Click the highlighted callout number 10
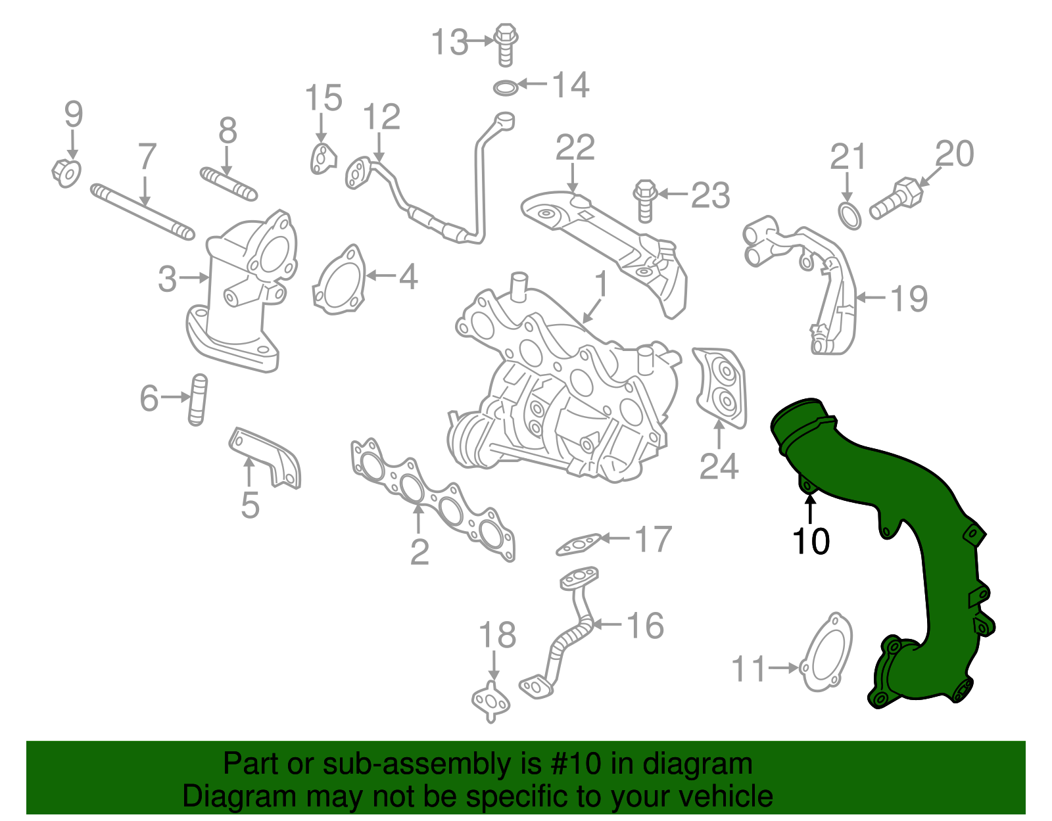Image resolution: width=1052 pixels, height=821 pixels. pos(811,541)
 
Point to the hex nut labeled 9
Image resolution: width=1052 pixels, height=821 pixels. pos(66,172)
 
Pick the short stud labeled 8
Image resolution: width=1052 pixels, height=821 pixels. pos(228,183)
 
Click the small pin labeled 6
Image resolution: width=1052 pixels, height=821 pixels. pos(197,400)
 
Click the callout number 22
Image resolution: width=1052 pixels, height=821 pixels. pos(575,148)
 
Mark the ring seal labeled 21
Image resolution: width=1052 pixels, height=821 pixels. pos(849,216)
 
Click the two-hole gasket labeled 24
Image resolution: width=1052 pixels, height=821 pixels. pos(721,388)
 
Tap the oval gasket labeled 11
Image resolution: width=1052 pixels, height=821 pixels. pos(827,654)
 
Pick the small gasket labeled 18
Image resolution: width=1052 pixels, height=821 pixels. pos(490,701)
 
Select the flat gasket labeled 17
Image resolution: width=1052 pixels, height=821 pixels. pos(579,544)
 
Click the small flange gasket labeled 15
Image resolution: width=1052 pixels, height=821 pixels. pos(322,160)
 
